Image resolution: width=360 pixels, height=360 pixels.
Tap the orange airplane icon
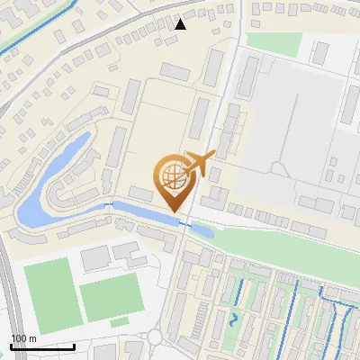click(199, 165)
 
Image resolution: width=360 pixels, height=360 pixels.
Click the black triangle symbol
click(181, 24)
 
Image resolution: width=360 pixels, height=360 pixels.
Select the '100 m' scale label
click(24, 337)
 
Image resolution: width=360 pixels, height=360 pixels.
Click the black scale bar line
click(42, 346)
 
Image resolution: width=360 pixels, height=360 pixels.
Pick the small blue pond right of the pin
click(202, 230)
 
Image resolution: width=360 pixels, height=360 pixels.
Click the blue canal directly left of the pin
click(135, 211)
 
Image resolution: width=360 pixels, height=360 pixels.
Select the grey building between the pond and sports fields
click(94, 259)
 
